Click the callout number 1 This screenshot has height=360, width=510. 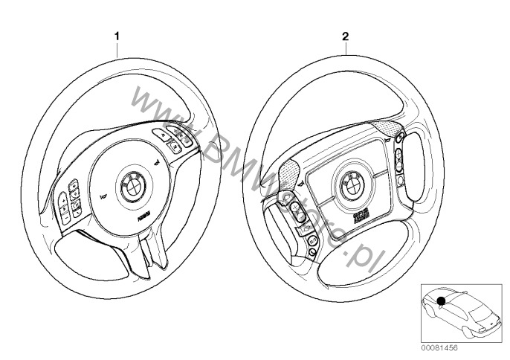[x=115, y=35]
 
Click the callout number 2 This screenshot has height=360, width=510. [x=344, y=35]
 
